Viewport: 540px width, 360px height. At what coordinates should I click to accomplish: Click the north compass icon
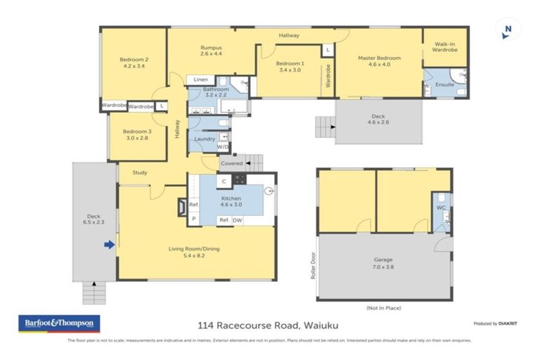tap(508, 31)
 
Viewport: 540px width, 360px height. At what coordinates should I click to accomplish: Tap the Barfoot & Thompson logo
tap(59, 324)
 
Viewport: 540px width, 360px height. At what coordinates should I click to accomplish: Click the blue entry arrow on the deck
tap(109, 245)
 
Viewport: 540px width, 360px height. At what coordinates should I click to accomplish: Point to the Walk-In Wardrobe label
tap(444, 46)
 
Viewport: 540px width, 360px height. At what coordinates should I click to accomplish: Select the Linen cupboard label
tap(200, 80)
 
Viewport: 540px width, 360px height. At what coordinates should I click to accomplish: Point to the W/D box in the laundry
tap(222, 147)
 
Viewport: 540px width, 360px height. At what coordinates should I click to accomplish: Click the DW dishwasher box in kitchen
tap(237, 220)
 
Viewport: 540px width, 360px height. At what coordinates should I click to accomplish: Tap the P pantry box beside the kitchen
tap(193, 219)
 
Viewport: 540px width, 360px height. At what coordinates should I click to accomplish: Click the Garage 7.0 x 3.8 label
tap(383, 264)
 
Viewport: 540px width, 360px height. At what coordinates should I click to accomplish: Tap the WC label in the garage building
tap(441, 208)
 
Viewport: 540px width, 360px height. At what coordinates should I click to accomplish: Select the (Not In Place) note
tap(383, 308)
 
